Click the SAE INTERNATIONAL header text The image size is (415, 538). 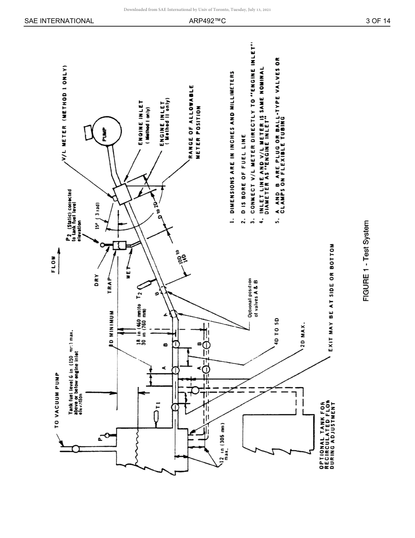(x=59, y=21)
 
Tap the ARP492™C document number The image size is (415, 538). (x=207, y=21)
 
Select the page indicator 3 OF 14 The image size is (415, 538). (x=378, y=21)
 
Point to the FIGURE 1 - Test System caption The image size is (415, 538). (x=366, y=261)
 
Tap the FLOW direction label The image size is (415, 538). (x=54, y=265)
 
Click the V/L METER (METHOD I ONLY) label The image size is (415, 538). (x=65, y=114)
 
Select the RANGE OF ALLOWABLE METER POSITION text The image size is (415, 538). (x=195, y=122)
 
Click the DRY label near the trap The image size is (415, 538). (x=97, y=280)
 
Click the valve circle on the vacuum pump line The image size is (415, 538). (x=76, y=448)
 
